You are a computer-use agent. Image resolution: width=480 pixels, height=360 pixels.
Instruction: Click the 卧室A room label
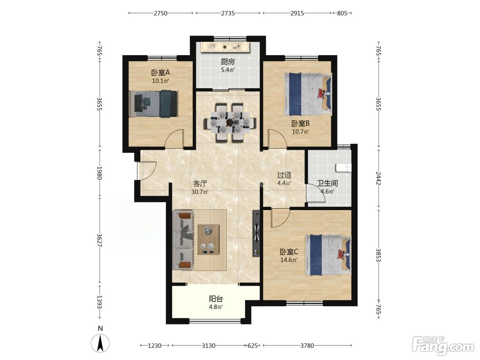click(x=160, y=73)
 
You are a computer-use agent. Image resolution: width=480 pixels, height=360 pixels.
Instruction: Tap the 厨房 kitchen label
click(x=228, y=62)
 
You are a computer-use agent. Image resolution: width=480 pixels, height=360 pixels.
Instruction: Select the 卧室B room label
click(x=300, y=123)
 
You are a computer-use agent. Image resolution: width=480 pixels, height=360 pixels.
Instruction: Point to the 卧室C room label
click(x=289, y=252)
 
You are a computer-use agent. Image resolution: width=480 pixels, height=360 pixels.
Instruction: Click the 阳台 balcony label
click(x=216, y=299)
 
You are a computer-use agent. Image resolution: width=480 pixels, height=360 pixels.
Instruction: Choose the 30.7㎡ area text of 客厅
click(x=200, y=192)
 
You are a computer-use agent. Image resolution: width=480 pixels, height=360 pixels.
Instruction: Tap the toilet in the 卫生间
click(x=343, y=168)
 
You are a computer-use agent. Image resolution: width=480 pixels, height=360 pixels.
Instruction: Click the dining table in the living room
click(x=230, y=122)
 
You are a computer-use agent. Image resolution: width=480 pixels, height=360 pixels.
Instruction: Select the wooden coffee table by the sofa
click(x=208, y=240)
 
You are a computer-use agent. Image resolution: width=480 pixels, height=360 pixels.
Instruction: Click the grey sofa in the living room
click(x=182, y=240)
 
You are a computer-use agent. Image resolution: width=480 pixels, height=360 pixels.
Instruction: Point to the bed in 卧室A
click(x=154, y=104)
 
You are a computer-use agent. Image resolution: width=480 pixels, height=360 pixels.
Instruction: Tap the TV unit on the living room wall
click(x=256, y=233)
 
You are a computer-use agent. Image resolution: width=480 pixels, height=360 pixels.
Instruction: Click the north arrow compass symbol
click(x=100, y=343)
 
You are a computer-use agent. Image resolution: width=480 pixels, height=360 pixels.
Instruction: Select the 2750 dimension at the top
click(x=160, y=13)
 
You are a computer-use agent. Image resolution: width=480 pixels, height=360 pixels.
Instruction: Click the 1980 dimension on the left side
click(x=100, y=173)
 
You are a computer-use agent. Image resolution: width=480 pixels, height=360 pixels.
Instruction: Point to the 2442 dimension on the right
click(x=379, y=178)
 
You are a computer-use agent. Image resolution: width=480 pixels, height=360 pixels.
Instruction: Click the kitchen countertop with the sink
click(x=225, y=47)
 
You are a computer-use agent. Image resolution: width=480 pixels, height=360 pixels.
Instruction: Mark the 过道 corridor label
click(x=284, y=175)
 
